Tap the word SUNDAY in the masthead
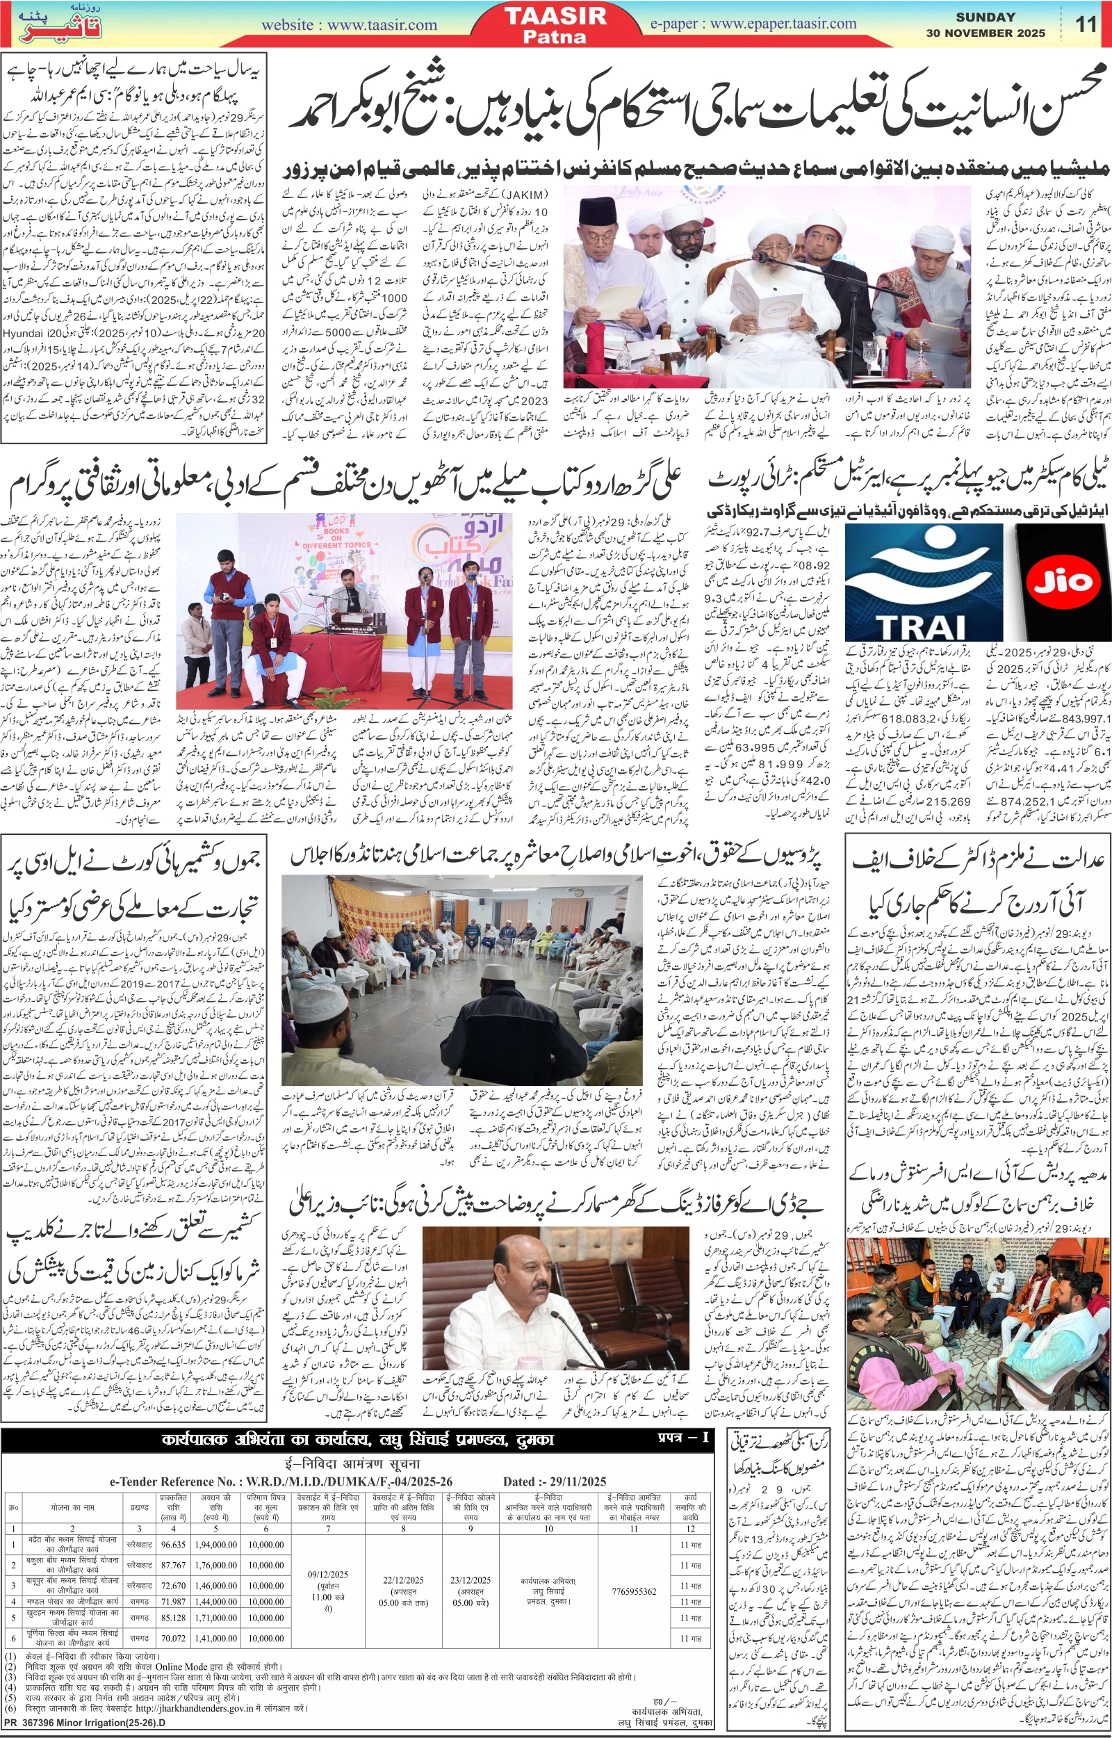[x=986, y=17]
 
